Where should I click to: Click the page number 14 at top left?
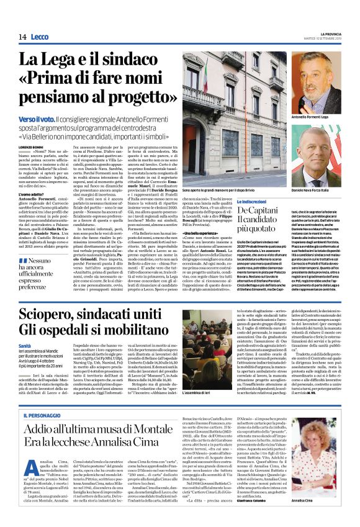[x=12, y=37]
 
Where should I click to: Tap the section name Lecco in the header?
[x=39, y=37]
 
